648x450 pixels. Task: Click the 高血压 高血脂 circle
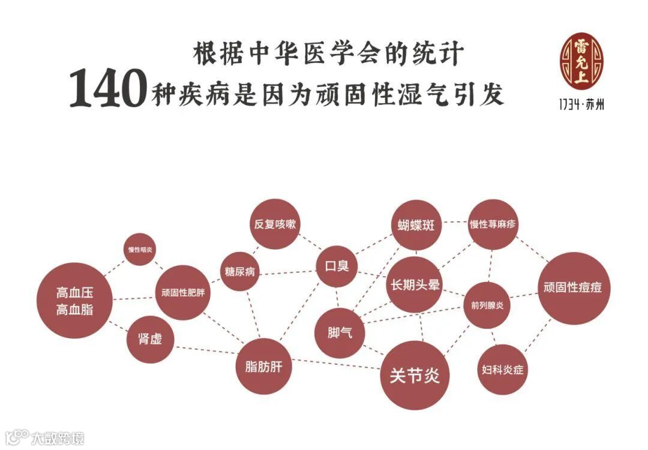[75, 301]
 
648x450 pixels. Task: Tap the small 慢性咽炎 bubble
[141, 249]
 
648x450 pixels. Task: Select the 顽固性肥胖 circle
[183, 293]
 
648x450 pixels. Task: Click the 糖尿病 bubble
[239, 271]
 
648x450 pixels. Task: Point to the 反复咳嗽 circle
[274, 224]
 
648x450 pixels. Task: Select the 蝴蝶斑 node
[416, 225]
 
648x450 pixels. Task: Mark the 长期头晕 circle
[415, 285]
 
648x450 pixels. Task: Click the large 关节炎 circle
[415, 376]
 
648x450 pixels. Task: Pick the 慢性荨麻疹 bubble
[492, 225]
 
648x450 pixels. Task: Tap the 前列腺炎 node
[487, 305]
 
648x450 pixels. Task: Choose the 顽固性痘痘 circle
[572, 288]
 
